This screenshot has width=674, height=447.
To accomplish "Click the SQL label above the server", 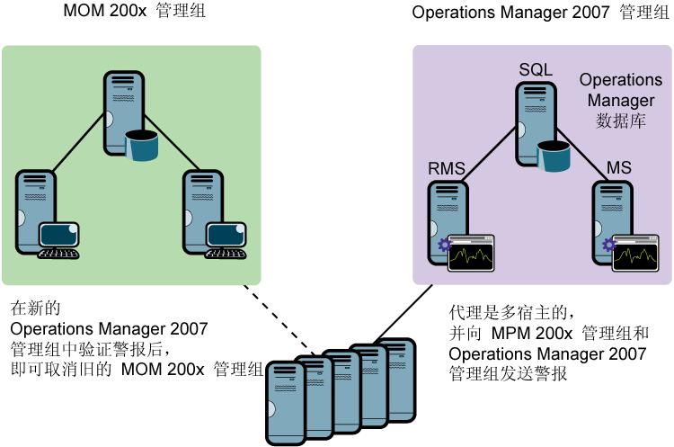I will tap(535, 70).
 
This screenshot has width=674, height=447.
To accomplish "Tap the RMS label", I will tap(446, 168).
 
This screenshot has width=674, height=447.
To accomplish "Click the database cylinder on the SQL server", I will tap(554, 156).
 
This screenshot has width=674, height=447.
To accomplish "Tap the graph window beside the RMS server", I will tap(472, 253).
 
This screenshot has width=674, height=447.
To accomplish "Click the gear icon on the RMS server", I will tap(443, 246).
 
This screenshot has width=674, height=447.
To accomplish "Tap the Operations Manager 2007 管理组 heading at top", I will tap(534, 13).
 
